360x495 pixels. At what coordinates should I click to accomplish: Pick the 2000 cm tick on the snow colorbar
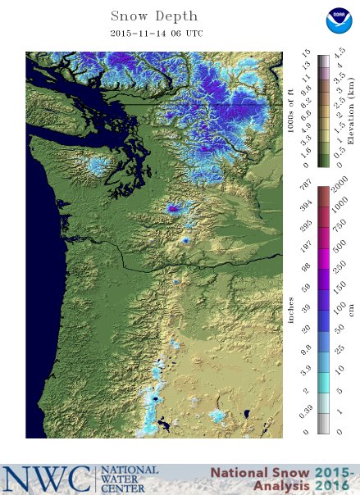pos(339,199)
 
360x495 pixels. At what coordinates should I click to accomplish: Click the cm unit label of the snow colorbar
pos(351,311)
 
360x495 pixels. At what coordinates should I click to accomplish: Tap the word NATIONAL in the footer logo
pos(130,470)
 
